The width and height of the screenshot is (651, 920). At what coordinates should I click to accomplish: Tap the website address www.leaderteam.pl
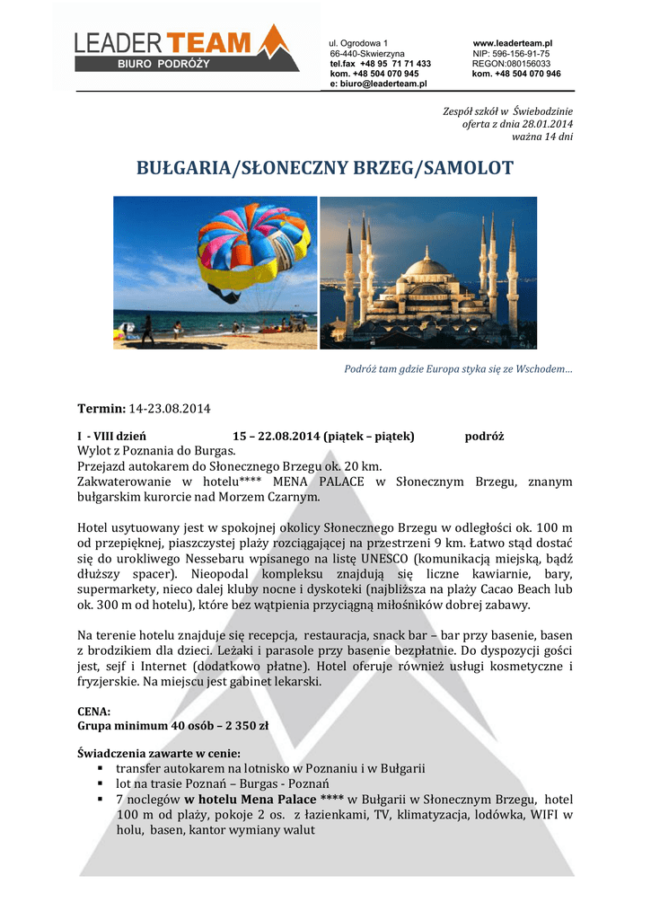point(512,43)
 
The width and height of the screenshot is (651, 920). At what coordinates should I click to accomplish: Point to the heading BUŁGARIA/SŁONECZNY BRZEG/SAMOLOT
point(325,168)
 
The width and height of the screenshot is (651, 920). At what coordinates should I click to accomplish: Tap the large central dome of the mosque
point(428,267)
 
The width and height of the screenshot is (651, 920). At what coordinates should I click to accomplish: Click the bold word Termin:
point(102,409)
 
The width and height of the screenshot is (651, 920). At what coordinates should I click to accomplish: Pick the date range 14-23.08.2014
point(171,409)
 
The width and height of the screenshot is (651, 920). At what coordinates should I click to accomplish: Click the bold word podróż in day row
point(484,436)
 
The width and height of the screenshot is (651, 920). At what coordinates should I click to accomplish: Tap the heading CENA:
point(94,711)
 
